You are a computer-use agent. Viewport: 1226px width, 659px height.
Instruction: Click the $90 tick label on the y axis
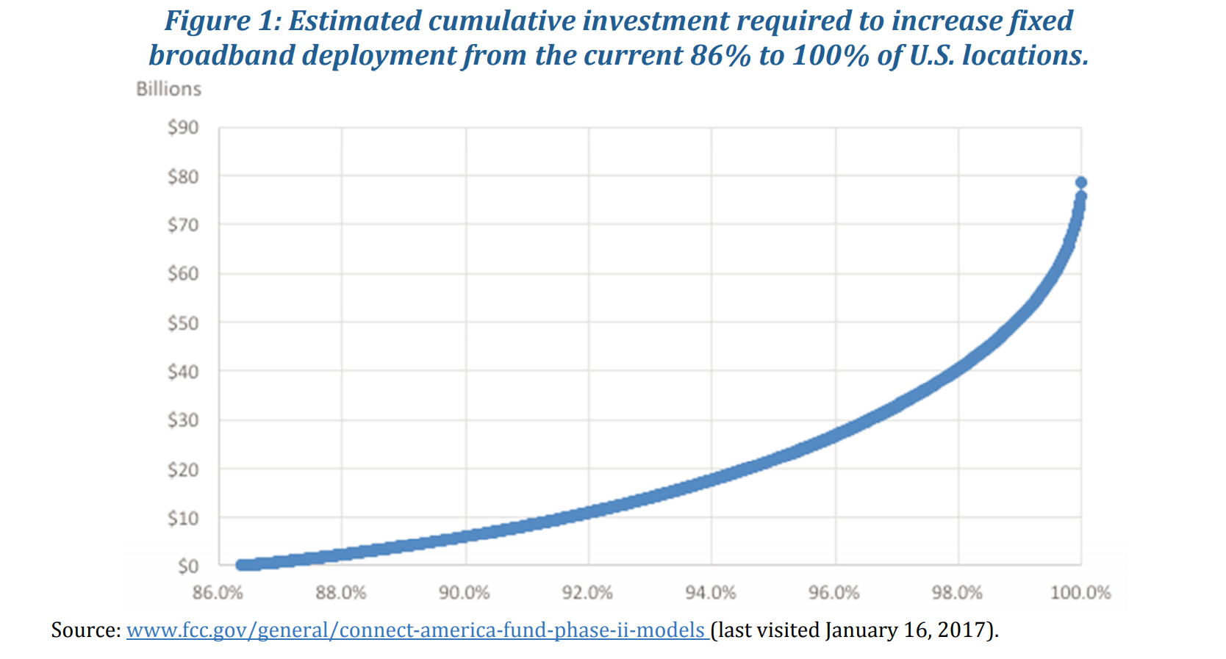pyautogui.click(x=183, y=128)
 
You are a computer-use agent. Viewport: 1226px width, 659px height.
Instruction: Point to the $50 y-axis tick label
pyautogui.click(x=183, y=323)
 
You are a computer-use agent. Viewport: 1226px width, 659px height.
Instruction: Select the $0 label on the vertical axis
pyautogui.click(x=188, y=566)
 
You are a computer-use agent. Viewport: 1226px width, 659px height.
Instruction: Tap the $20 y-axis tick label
pyautogui.click(x=183, y=469)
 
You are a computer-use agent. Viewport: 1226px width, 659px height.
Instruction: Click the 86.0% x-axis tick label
pyautogui.click(x=218, y=593)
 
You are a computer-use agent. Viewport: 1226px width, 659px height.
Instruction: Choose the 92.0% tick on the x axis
pyautogui.click(x=587, y=593)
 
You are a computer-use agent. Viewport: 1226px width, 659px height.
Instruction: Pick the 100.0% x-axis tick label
pyautogui.click(x=1080, y=593)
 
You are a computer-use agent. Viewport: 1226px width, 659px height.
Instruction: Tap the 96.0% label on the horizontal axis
pyautogui.click(x=834, y=593)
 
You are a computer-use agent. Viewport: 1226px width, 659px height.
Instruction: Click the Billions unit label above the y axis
pyautogui.click(x=168, y=89)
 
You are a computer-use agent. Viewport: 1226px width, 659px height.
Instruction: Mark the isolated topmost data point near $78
pyautogui.click(x=1081, y=183)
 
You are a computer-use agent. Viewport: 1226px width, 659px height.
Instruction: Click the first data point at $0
pyautogui.click(x=241, y=565)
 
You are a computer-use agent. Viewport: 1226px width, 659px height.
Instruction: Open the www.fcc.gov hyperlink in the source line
pyautogui.click(x=416, y=630)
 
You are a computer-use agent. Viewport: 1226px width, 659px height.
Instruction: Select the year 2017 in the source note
pyautogui.click(x=965, y=630)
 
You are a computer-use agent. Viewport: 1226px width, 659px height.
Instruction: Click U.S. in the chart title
pyautogui.click(x=932, y=55)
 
